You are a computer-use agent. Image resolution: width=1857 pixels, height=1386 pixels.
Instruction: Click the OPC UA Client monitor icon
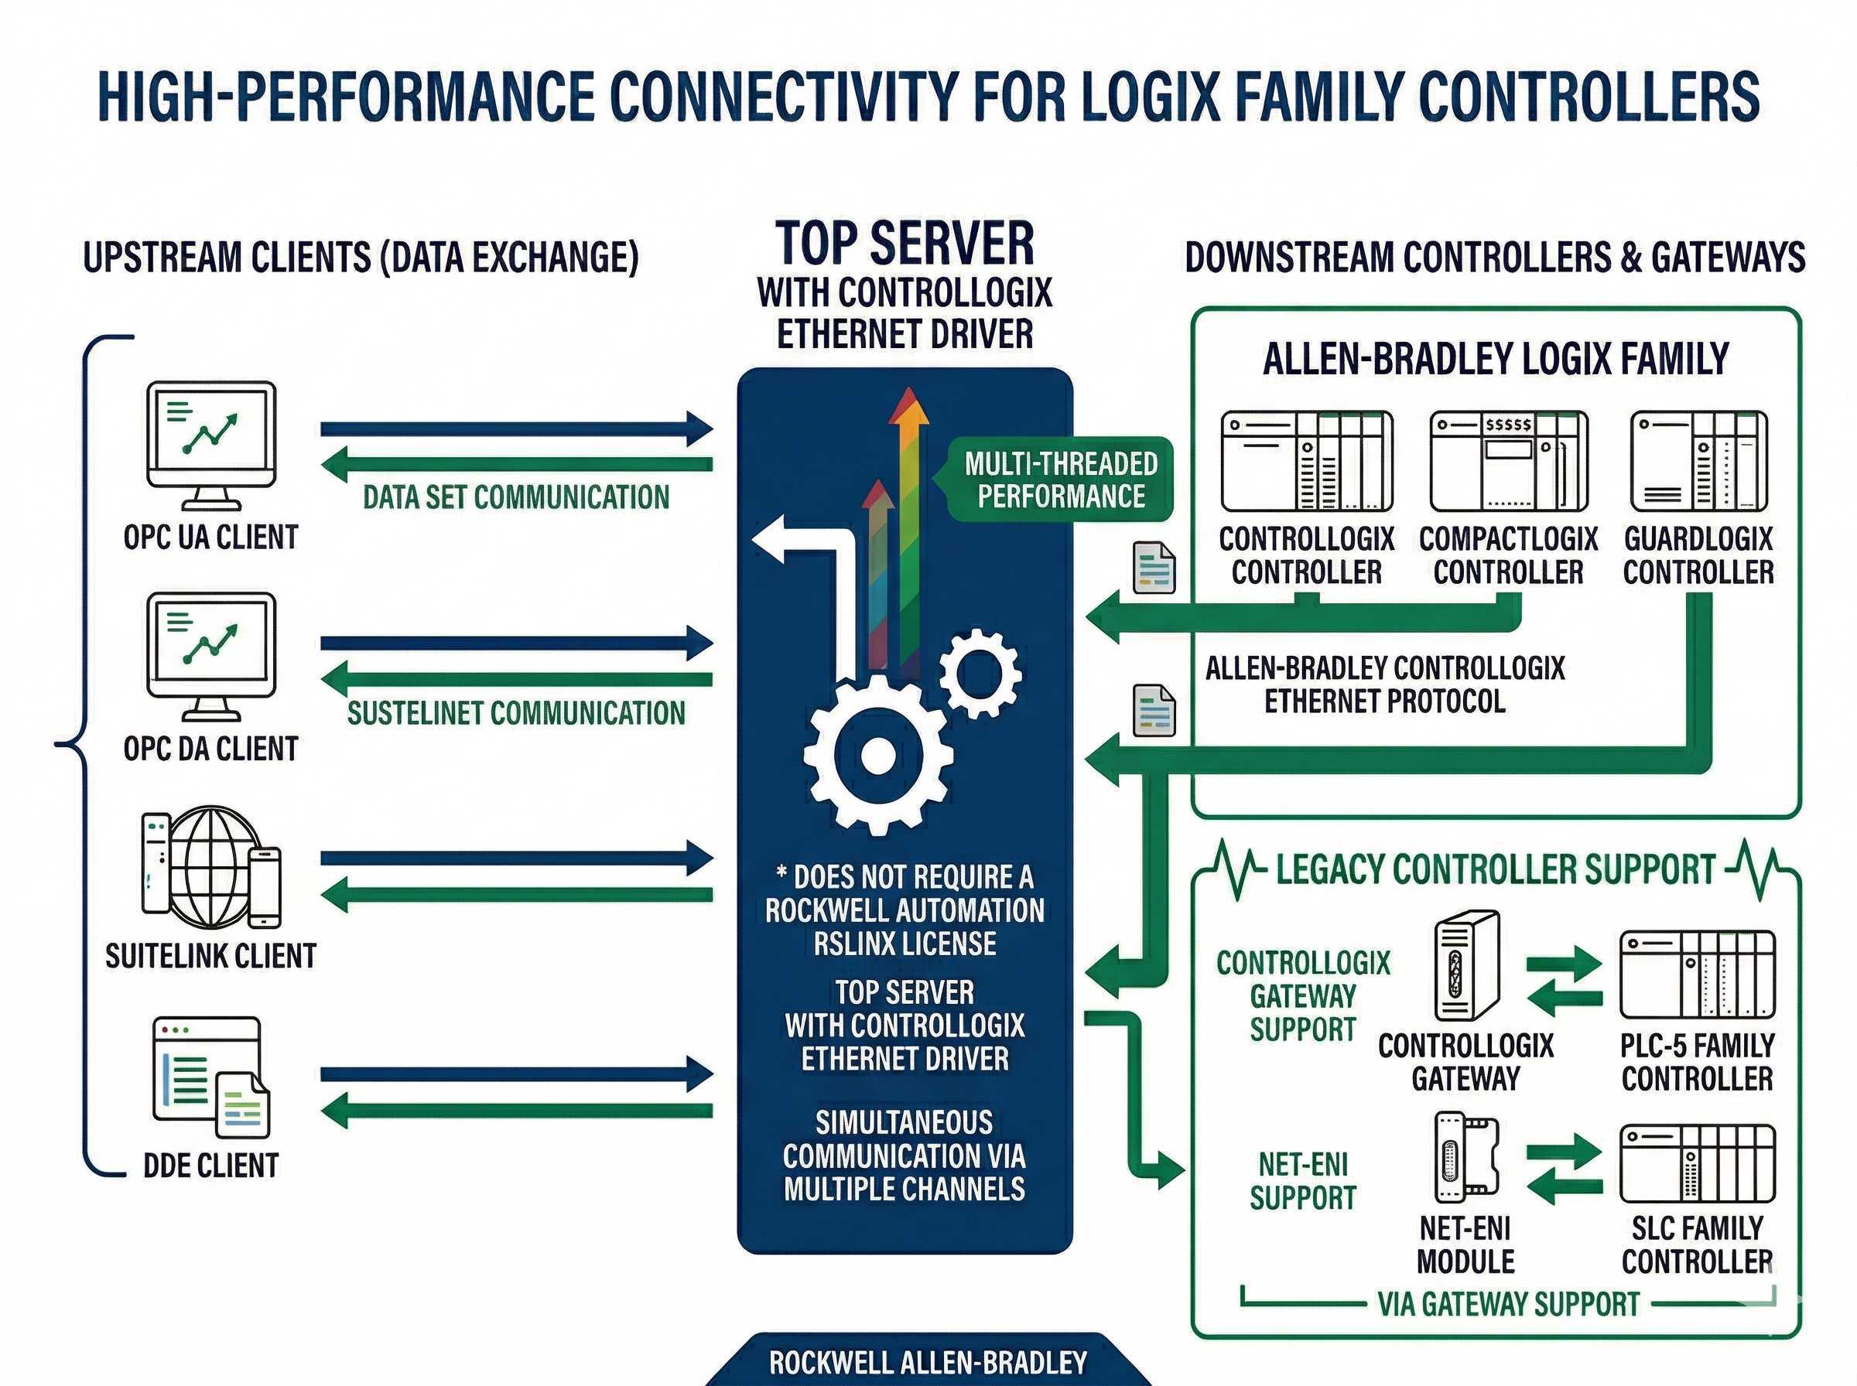[211, 445]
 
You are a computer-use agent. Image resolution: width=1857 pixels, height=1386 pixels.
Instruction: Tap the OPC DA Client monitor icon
[211, 656]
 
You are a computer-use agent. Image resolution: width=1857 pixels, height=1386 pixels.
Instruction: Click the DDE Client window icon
[210, 1078]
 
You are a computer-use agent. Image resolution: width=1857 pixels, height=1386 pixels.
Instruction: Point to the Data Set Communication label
[516, 497]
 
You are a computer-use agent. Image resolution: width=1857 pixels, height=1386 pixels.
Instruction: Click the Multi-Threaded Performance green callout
[1061, 480]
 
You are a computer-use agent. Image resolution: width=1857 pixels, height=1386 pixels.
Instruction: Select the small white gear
[980, 672]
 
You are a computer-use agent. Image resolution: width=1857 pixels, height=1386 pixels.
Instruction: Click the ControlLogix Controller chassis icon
[1307, 462]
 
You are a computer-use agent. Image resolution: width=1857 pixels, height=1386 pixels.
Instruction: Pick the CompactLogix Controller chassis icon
[1508, 462]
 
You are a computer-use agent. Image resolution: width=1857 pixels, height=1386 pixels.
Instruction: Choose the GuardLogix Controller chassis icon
[1698, 462]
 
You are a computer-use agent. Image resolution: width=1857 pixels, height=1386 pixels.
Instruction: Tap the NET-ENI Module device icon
[1466, 1158]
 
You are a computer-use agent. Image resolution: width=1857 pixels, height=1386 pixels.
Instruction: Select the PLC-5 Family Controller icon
[1697, 974]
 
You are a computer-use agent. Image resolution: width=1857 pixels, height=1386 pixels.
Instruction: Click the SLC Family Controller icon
[1697, 1164]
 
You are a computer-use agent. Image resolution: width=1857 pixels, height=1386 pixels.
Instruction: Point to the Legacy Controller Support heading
[1496, 869]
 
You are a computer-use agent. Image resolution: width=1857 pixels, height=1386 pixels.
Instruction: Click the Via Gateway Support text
[1508, 1304]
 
